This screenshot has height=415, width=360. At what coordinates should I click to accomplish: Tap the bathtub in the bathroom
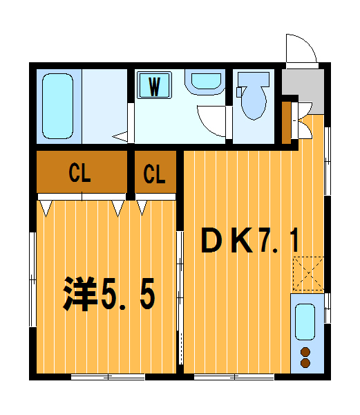click(57, 106)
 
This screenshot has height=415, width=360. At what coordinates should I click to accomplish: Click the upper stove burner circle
click(305, 352)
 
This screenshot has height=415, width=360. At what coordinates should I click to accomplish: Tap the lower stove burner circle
click(305, 362)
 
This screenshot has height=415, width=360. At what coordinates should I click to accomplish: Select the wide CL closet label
click(80, 174)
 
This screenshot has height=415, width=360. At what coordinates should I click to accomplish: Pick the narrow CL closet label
click(155, 174)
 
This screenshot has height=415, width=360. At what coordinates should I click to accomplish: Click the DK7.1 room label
click(250, 241)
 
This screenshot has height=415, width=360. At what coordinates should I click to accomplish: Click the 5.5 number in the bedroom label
click(129, 295)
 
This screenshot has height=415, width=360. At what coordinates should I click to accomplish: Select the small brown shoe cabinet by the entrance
click(287, 122)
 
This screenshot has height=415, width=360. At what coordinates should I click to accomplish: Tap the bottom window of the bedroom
click(108, 377)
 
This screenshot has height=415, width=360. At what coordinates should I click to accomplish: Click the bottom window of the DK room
click(234, 377)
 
